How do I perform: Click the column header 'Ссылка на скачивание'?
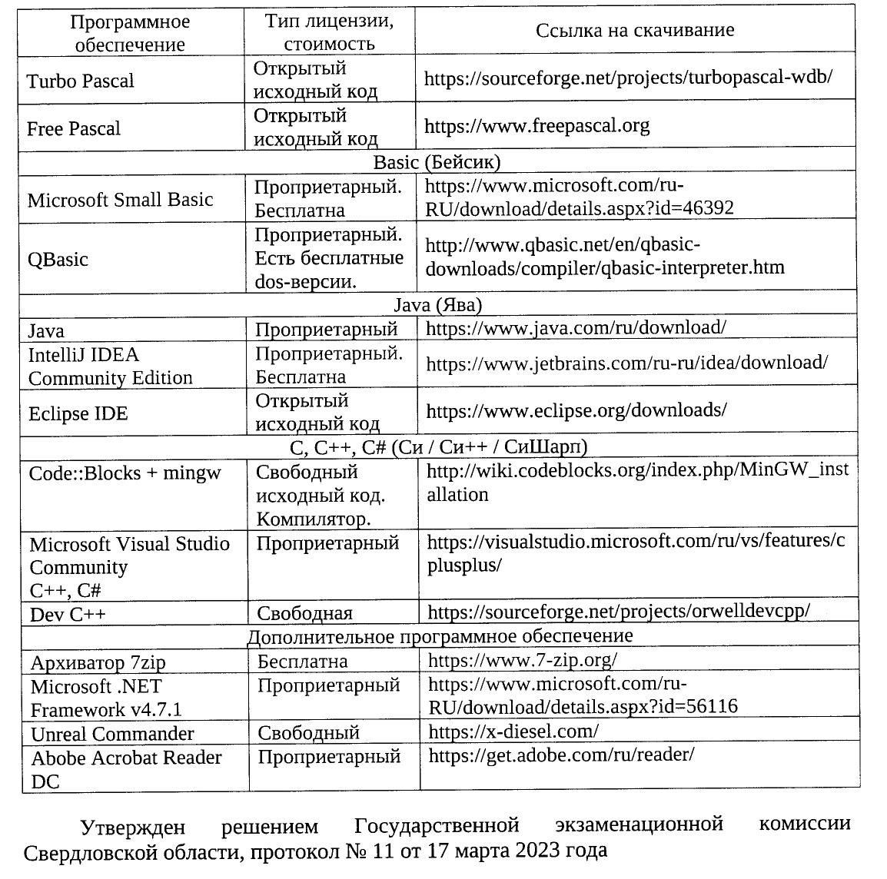(634, 31)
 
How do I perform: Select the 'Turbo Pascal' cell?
(80, 81)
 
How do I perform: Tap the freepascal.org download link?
(537, 125)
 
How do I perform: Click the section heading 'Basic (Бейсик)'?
(437, 162)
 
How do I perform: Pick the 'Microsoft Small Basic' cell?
(120, 201)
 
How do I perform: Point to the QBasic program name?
(58, 260)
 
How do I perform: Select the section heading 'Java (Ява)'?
(437, 305)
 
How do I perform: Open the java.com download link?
(576, 328)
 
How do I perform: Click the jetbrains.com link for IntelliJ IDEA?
(626, 363)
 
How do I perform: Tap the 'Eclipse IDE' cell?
(78, 414)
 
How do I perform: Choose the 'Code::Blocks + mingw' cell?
(125, 473)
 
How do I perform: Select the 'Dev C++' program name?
(68, 615)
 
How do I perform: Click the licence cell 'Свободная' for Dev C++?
(304, 613)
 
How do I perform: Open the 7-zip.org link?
(522, 660)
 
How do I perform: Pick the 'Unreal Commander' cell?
(112, 734)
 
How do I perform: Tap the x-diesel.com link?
(513, 731)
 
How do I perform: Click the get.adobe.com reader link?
(561, 755)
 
